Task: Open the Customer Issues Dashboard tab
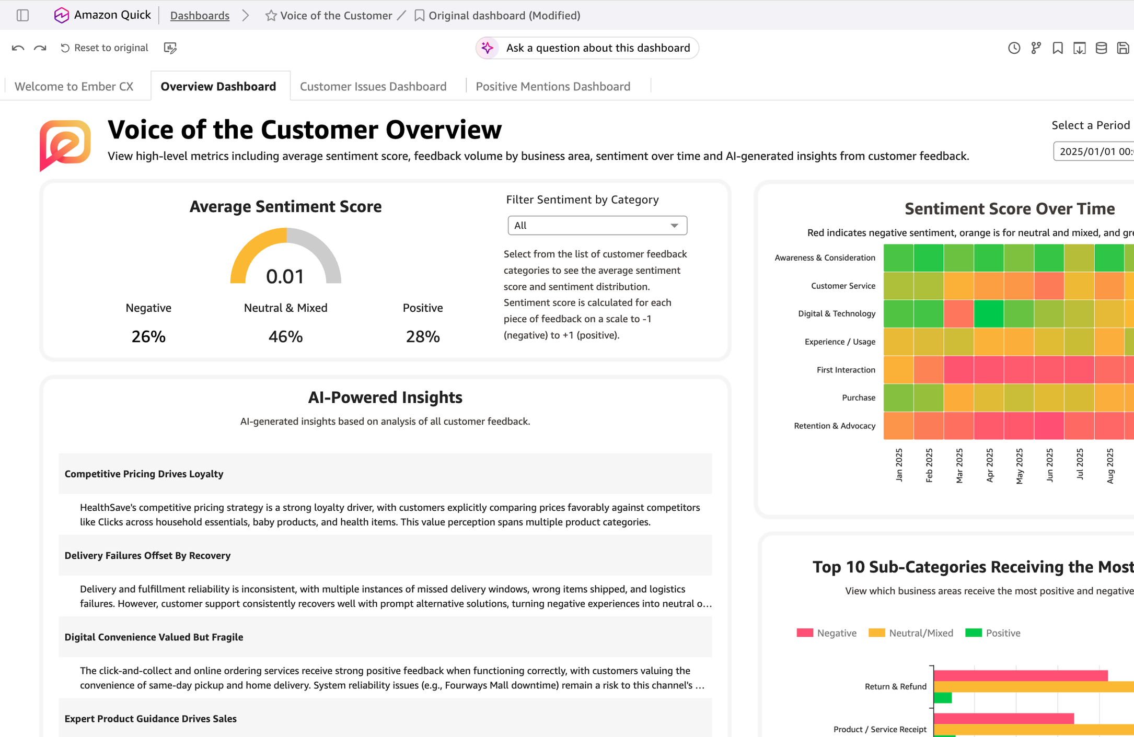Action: coord(373,86)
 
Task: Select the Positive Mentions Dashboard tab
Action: coord(553,86)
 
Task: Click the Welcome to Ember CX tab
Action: coord(74,86)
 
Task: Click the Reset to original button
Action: coord(105,48)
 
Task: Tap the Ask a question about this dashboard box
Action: coord(587,48)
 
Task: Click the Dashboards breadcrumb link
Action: coord(200,16)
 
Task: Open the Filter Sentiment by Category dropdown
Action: coord(597,226)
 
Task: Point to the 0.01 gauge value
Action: coord(285,276)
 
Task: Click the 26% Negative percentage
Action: coord(148,336)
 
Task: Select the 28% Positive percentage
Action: coord(423,336)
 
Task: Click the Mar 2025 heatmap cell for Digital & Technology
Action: coord(958,314)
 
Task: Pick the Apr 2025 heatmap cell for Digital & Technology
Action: coord(988,314)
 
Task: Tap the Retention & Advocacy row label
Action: coord(835,426)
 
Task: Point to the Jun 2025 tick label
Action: coord(1050,465)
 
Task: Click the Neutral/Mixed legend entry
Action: coord(911,633)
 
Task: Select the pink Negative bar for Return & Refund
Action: coord(1021,676)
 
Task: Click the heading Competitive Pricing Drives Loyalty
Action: coord(144,474)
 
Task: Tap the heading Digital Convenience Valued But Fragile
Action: coord(154,637)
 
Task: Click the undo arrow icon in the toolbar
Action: coord(18,48)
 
